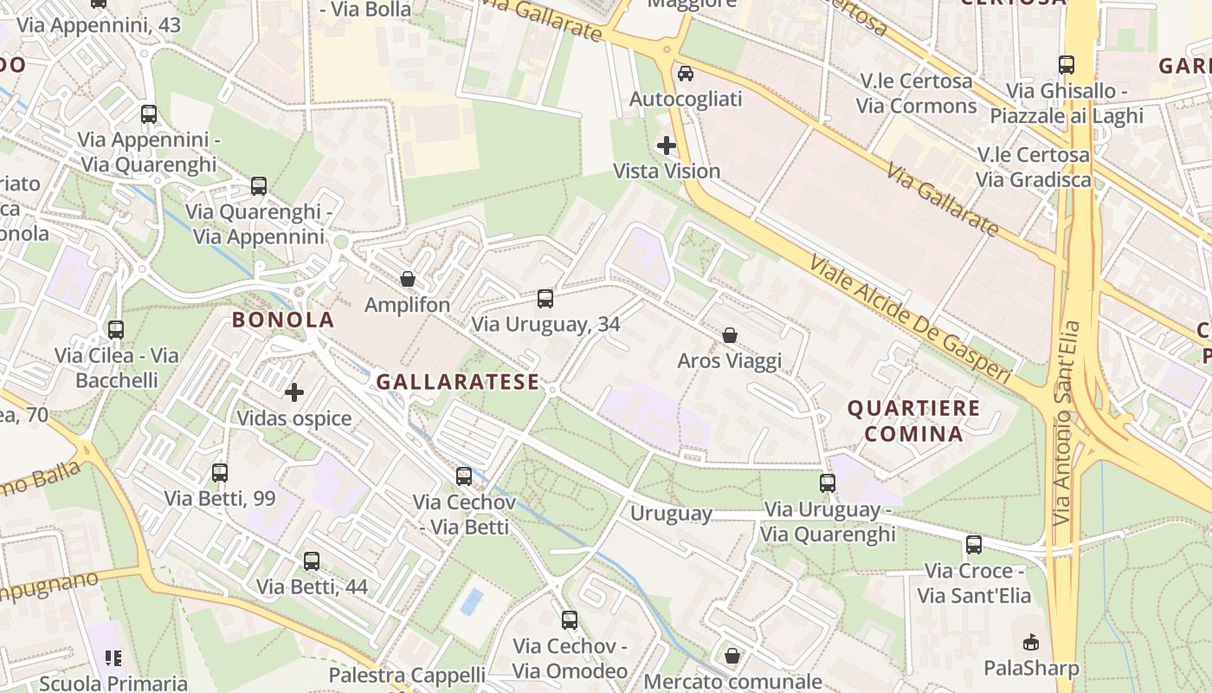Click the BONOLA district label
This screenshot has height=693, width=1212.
[x=282, y=320]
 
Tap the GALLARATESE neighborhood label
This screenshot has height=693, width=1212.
[x=458, y=382]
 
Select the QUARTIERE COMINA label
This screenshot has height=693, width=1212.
[x=913, y=420]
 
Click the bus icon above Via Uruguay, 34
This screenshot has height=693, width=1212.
[x=545, y=299]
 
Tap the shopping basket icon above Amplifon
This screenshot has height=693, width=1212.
[x=407, y=279]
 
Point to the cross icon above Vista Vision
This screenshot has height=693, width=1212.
[x=667, y=146]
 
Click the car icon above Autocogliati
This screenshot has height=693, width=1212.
[x=686, y=74]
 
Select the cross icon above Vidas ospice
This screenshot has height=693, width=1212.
[x=294, y=392]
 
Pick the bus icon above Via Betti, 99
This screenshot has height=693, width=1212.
[x=220, y=472]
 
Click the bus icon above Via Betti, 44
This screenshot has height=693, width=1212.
[x=312, y=560]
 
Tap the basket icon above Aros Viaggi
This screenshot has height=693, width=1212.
[x=730, y=335]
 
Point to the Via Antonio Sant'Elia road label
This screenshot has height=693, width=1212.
[x=1067, y=423]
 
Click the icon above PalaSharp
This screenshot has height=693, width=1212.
[x=1031, y=643]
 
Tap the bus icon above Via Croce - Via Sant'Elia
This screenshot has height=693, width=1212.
[x=974, y=545]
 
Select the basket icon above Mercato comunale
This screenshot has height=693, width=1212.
[x=732, y=656]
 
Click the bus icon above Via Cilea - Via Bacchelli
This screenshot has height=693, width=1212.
[x=116, y=329]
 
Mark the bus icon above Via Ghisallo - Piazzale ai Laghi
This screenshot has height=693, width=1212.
[x=1067, y=64]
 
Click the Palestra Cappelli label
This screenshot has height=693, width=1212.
[x=407, y=675]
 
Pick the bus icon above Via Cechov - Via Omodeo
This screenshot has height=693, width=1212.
[x=570, y=620]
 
